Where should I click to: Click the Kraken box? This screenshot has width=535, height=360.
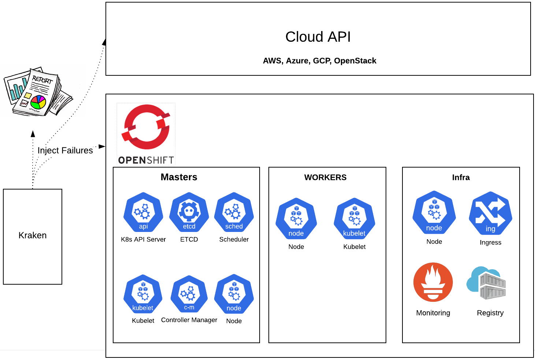33,237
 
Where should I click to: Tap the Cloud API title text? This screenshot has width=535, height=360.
318,37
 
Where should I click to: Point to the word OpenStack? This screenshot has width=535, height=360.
355,61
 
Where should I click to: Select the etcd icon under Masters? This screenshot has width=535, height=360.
189,212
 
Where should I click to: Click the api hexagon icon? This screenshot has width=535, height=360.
143,212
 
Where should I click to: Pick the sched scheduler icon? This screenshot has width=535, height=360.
234,212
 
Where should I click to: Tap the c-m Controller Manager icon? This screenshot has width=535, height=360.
189,294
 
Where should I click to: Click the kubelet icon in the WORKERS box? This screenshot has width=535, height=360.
354,218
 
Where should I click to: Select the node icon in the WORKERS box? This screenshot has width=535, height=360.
296,218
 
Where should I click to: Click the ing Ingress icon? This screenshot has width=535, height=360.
491,213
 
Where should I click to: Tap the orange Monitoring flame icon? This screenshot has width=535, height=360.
433,282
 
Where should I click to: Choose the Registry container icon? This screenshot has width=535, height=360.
486,283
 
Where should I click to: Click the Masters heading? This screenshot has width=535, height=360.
179,177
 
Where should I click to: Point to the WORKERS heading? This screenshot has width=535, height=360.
325,177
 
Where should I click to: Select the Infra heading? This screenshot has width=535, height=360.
461,177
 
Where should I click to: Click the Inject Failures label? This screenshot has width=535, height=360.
65,150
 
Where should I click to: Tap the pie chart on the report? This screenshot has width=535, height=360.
38,102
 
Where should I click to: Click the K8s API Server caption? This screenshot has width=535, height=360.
143,239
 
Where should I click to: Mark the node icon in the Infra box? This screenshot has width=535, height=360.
434,212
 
